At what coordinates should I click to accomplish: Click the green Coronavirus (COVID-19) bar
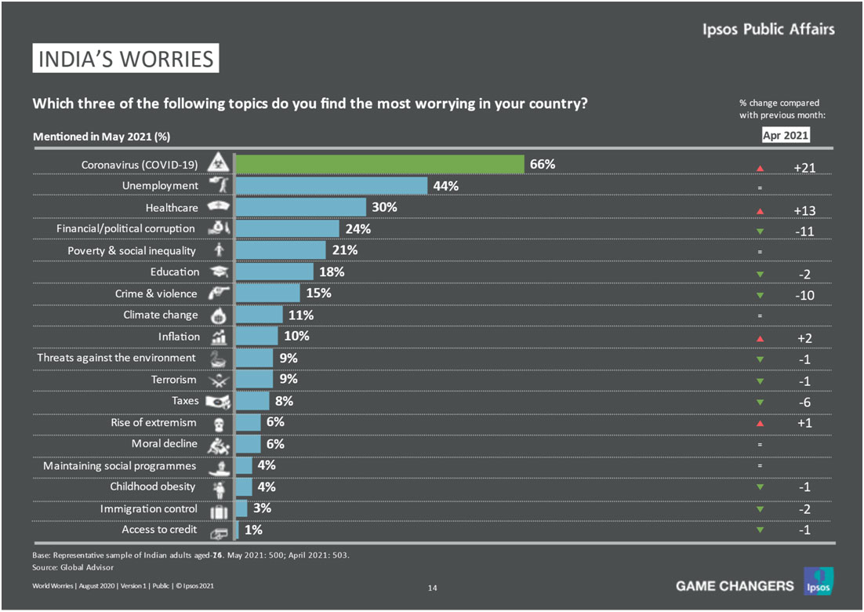[x=379, y=164]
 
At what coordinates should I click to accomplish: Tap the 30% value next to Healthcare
[x=385, y=207]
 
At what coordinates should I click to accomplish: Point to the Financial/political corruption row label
[x=125, y=228]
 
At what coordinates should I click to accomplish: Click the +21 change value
[x=806, y=167]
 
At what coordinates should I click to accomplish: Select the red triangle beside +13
[x=759, y=210]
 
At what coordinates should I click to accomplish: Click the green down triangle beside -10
[x=759, y=295]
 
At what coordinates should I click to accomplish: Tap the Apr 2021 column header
[x=785, y=136]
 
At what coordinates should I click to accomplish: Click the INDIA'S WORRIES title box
[x=125, y=59]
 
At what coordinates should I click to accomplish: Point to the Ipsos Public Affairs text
[x=768, y=30]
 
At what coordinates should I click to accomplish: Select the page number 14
[x=432, y=587]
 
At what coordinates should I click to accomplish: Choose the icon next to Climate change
[x=216, y=315]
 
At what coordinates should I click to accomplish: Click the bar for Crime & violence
[x=267, y=293]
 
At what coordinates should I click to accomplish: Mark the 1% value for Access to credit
[x=253, y=530]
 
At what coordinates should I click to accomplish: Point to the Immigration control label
[x=148, y=508]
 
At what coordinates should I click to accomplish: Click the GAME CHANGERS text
[x=734, y=585]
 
